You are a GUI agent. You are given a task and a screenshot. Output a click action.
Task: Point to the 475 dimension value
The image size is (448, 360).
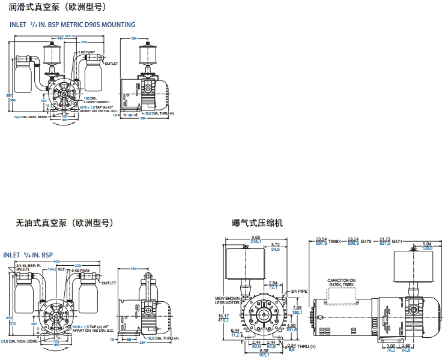coord(68,36)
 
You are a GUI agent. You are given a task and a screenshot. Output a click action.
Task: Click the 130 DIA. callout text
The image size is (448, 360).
coord(90,98)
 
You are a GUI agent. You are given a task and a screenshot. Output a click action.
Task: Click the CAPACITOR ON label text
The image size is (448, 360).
coord(341,280)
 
